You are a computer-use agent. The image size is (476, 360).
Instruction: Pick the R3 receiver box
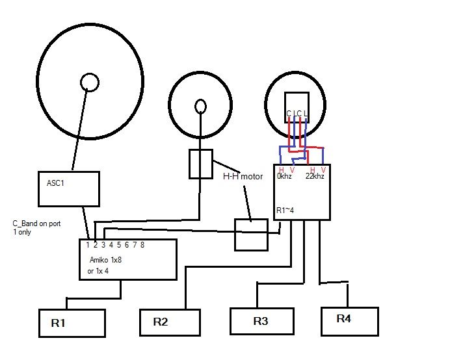click(261, 321)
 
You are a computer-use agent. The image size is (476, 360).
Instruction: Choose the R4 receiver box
click(350, 320)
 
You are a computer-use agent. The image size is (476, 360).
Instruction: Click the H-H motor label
click(243, 177)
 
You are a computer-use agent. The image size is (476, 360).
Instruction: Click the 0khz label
click(284, 176)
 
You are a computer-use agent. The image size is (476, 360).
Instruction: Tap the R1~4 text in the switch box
click(286, 211)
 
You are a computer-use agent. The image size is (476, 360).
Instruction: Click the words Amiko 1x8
click(105, 259)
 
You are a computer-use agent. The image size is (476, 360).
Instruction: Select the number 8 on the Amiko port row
click(142, 245)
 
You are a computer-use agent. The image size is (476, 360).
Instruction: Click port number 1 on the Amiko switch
click(87, 245)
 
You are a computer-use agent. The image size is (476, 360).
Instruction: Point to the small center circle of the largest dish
click(89, 82)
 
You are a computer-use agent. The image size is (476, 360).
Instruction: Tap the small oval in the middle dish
click(201, 105)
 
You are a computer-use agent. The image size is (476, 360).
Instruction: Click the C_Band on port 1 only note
click(36, 227)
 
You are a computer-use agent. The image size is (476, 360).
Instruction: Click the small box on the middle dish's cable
click(201, 164)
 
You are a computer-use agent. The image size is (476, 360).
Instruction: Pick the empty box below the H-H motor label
click(250, 235)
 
